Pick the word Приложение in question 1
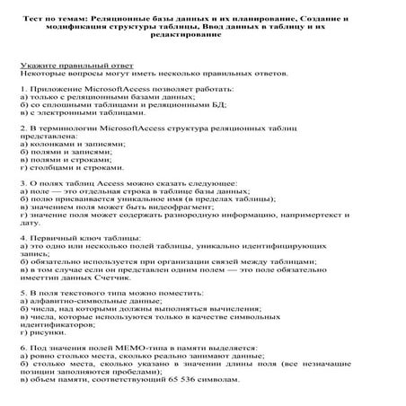(x=56, y=92)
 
